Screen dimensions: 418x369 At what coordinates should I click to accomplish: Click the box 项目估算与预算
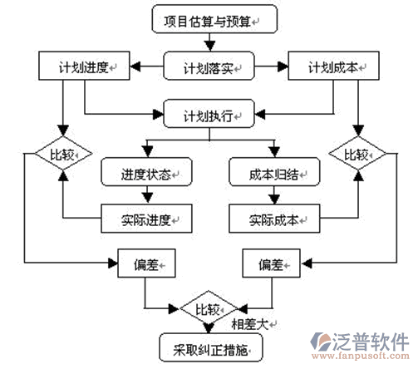214,19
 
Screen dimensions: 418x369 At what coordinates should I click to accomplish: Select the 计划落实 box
209,66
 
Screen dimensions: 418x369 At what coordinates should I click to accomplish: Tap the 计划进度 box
84,66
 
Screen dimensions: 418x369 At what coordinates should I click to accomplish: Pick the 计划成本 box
333,66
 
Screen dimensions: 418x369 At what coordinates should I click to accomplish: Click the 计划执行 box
209,114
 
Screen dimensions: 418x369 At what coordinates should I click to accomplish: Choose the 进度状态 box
146,172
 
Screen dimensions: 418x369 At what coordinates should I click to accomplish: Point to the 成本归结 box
274,172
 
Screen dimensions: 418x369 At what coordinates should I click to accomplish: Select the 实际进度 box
146,219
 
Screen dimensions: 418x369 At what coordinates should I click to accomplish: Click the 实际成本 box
274,219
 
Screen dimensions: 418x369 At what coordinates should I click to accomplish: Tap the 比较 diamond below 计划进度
63,153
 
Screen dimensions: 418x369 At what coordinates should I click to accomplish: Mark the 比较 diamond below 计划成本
357,153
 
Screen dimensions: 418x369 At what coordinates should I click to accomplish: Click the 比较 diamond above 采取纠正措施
209,308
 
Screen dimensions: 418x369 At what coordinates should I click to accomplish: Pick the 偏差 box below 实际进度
146,263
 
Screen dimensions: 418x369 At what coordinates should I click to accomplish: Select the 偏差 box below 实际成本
271,263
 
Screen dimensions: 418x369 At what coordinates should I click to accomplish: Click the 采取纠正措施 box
211,347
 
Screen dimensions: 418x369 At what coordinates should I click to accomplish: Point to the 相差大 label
250,324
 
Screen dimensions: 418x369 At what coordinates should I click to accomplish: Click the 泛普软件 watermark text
371,342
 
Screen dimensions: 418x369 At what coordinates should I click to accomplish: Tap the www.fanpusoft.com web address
361,356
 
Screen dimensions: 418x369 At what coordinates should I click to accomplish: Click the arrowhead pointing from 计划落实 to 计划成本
283,66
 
